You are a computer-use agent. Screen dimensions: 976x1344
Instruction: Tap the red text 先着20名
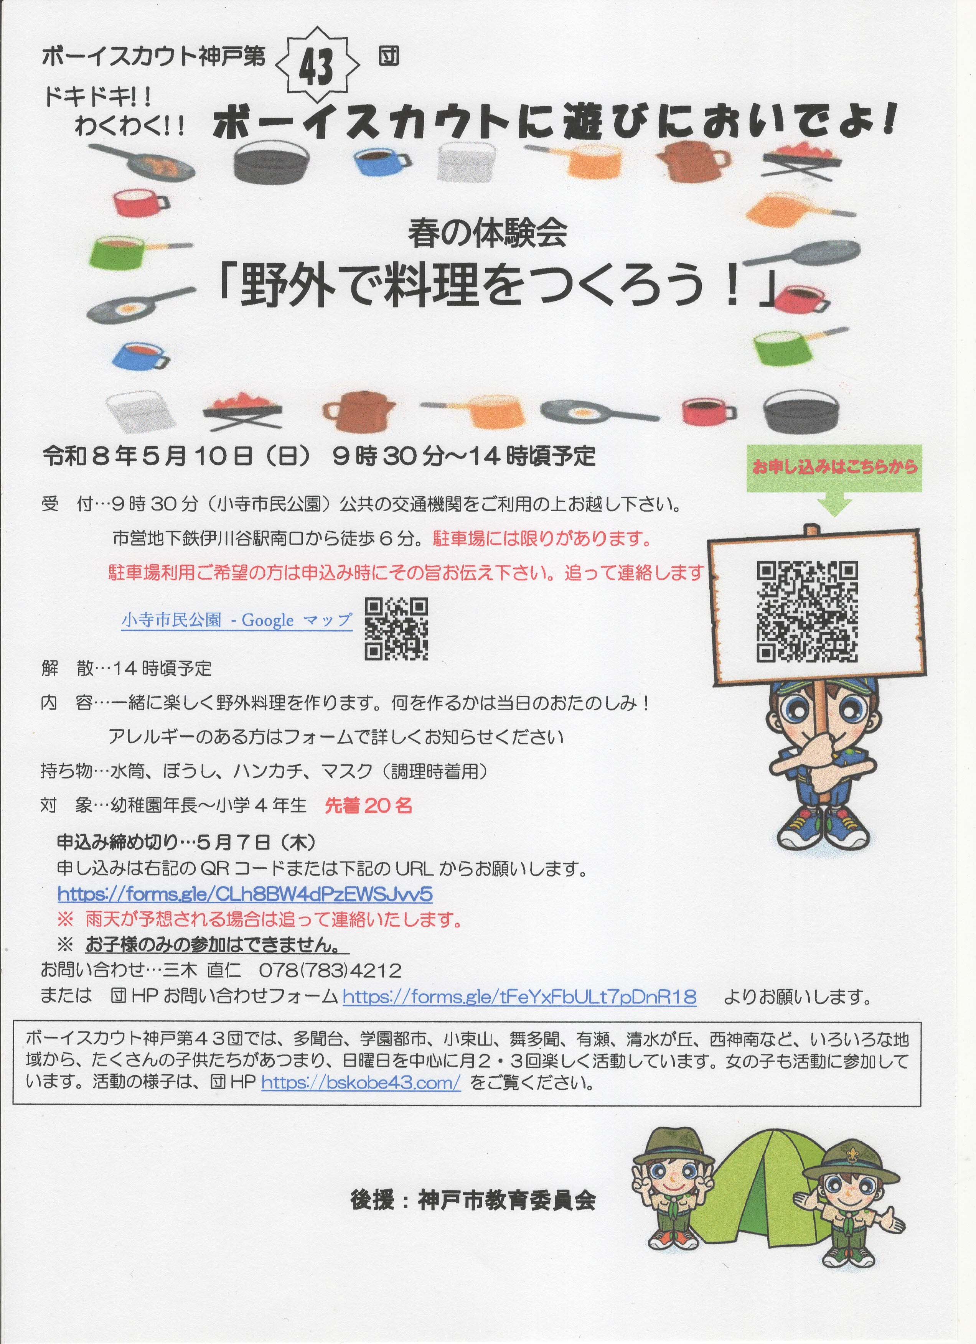369,805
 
